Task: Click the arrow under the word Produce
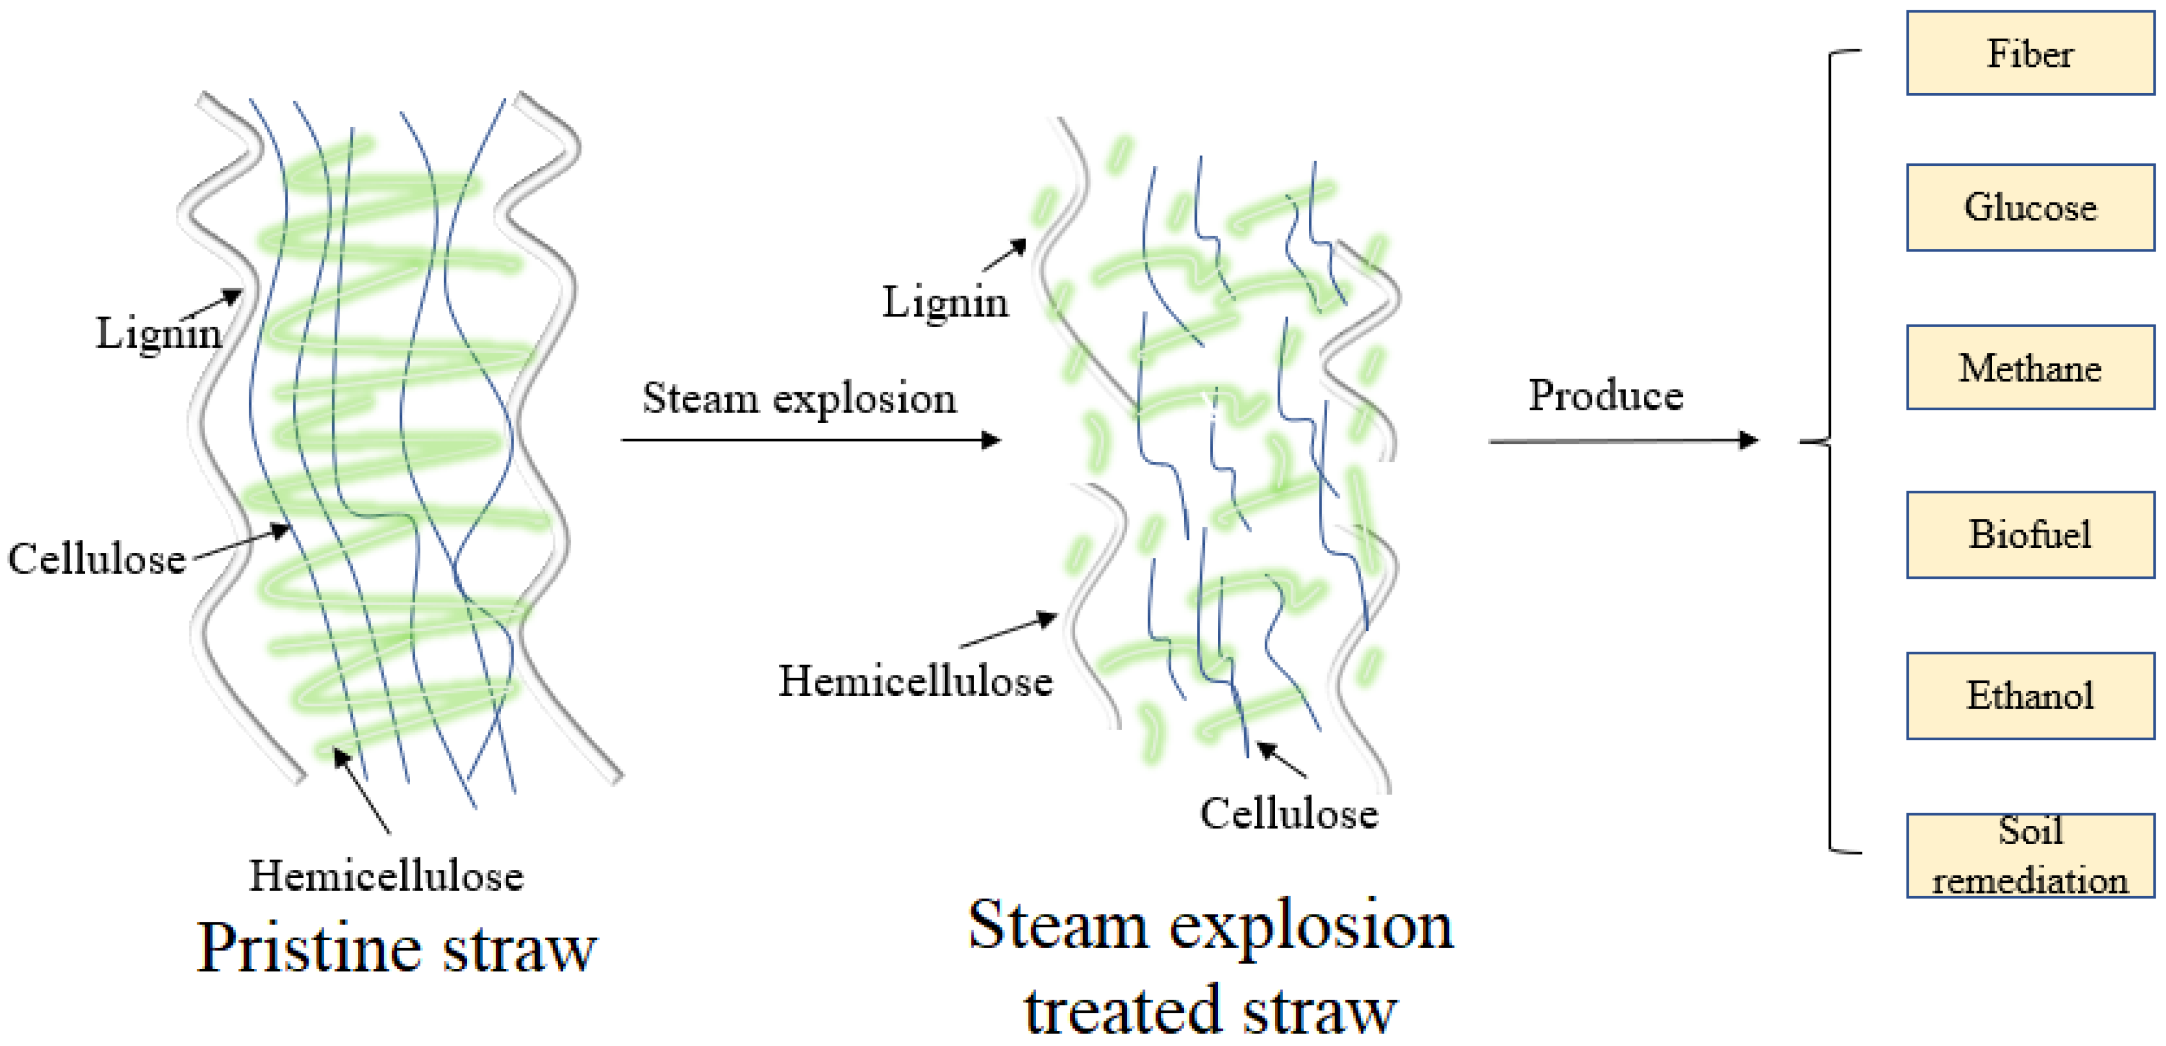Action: point(1622,440)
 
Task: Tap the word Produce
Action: point(1605,395)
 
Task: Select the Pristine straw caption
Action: point(396,948)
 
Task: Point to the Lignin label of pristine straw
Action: point(158,332)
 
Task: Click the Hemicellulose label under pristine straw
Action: point(386,876)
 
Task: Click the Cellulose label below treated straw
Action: point(1288,813)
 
